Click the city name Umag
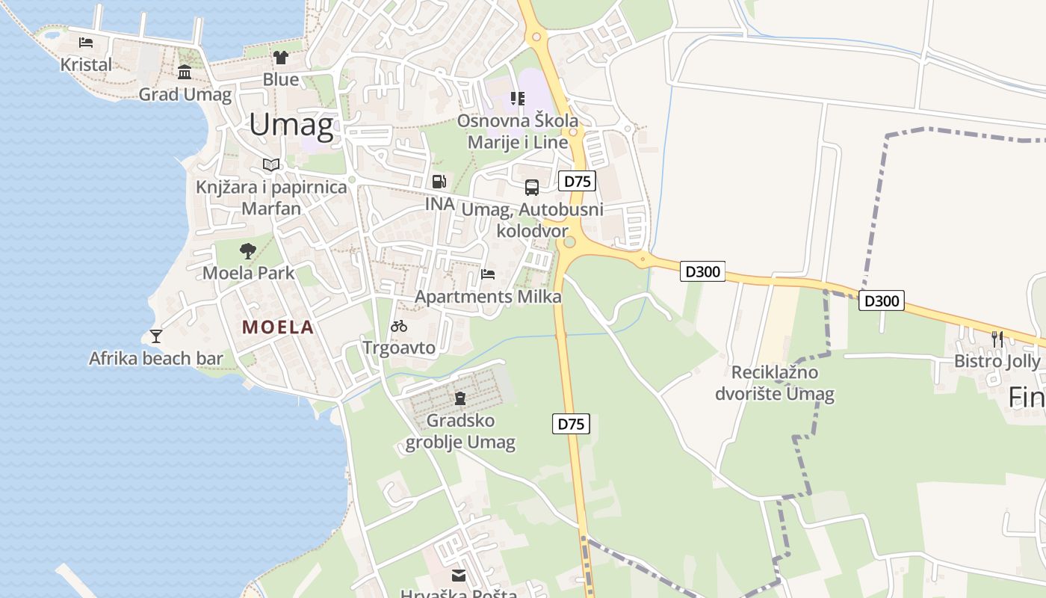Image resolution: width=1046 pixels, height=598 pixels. coord(291,125)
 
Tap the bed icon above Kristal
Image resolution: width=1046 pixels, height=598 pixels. coord(86,42)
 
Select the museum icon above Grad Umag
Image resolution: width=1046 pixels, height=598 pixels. coord(185,72)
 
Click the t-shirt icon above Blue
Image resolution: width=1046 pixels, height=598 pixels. coord(280,57)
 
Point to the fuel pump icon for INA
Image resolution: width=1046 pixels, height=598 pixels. coord(439,181)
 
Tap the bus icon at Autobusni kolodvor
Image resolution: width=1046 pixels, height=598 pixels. coord(532,187)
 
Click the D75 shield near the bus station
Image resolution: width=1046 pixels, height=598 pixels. coord(577,181)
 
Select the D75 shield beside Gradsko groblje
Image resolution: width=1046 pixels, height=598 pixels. coord(572,424)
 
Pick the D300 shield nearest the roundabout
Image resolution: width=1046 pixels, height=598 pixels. coord(702,271)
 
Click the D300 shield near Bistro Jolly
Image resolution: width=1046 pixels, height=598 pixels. coord(882,301)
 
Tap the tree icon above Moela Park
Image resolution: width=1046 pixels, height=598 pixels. coord(248,250)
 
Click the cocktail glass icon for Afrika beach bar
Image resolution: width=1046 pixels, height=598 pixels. coord(155,336)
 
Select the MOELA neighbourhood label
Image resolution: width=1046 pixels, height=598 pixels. coord(277,327)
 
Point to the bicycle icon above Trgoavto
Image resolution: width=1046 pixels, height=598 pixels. coord(399,325)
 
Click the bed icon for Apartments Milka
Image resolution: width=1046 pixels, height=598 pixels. coord(488,274)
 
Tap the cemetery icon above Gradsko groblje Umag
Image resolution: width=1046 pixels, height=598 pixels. coord(460,398)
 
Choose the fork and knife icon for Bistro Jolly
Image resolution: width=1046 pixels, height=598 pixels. coord(997,338)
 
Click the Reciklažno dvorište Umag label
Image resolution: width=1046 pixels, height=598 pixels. coord(775,383)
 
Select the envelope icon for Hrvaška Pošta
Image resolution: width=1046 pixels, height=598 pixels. coord(458,575)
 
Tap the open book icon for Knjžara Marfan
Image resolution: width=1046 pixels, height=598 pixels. coord(271,164)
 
